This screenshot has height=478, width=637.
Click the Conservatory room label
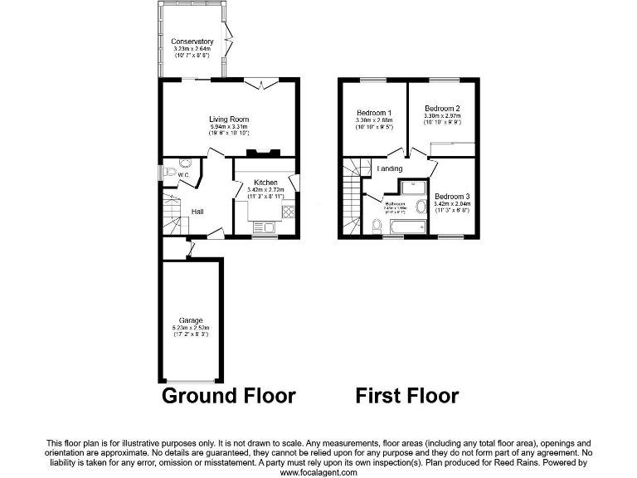[x=192, y=41]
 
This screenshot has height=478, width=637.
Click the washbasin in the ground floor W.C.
[x=185, y=163]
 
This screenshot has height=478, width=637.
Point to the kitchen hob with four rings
[x=289, y=211]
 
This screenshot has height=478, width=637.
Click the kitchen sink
[x=264, y=227]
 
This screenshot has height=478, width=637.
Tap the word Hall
[x=197, y=212]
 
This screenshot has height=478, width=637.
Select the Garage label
[x=191, y=319]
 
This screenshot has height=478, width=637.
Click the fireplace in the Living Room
[x=263, y=153]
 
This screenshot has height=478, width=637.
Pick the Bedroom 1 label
[x=374, y=112]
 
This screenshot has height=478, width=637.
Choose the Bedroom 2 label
[x=442, y=109]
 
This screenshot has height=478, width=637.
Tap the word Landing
[x=390, y=169]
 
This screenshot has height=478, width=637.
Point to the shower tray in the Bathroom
[x=411, y=187]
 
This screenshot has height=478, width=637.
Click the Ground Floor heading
[x=227, y=395]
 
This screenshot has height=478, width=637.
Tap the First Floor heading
[x=406, y=395]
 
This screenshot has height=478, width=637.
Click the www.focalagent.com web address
[x=318, y=472]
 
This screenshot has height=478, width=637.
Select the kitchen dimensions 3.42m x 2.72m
[x=265, y=190]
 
